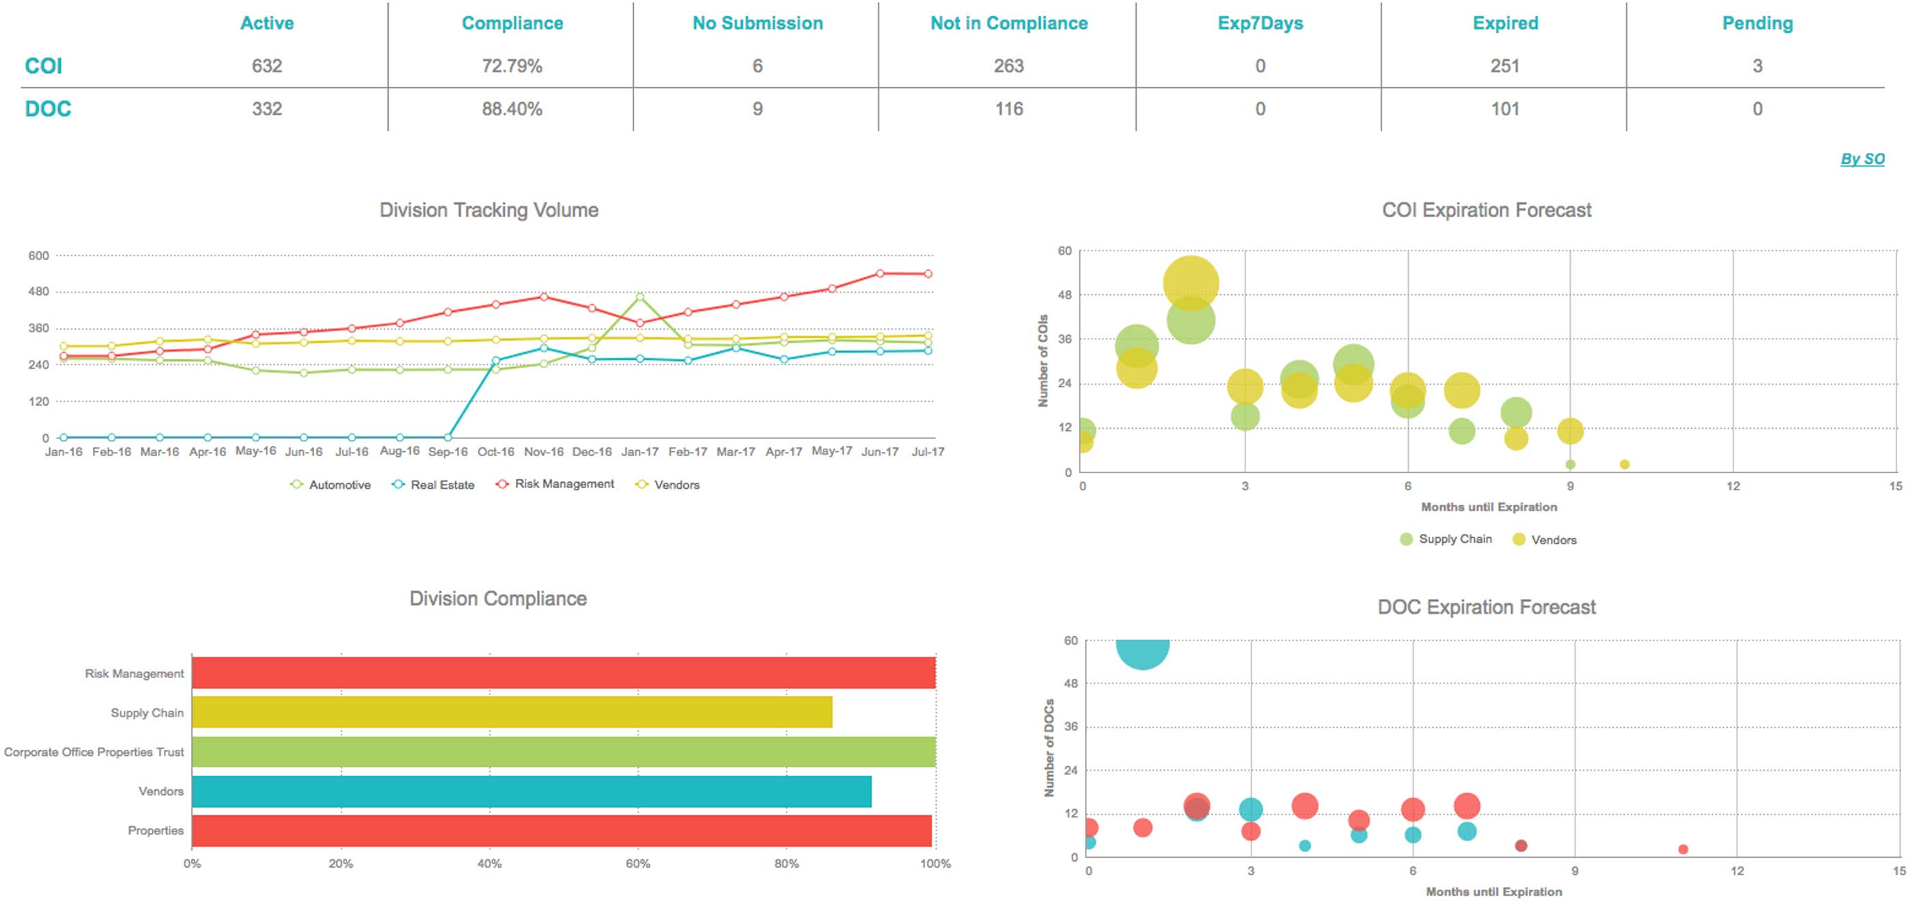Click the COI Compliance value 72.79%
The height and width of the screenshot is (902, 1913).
click(512, 66)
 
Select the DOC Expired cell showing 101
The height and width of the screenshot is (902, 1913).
click(1504, 109)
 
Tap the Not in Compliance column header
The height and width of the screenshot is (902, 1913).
click(1008, 23)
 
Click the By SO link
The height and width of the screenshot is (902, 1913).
click(1862, 159)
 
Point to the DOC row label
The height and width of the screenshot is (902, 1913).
click(49, 109)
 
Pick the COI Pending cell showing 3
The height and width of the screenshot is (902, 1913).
click(1757, 66)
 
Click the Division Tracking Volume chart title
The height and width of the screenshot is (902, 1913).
click(488, 210)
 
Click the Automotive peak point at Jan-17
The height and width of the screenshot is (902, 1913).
click(640, 297)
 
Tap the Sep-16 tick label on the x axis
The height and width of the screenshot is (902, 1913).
click(448, 451)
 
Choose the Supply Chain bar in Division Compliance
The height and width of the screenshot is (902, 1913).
click(512, 713)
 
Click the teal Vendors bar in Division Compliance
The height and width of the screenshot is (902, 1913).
click(531, 791)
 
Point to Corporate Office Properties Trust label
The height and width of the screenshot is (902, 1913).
click(94, 752)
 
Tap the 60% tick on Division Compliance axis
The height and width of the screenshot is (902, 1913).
click(638, 863)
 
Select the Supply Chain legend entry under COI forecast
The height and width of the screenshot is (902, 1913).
click(1454, 539)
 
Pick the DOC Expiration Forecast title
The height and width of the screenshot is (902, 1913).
click(1486, 607)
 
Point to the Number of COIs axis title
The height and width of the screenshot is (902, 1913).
click(1043, 361)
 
